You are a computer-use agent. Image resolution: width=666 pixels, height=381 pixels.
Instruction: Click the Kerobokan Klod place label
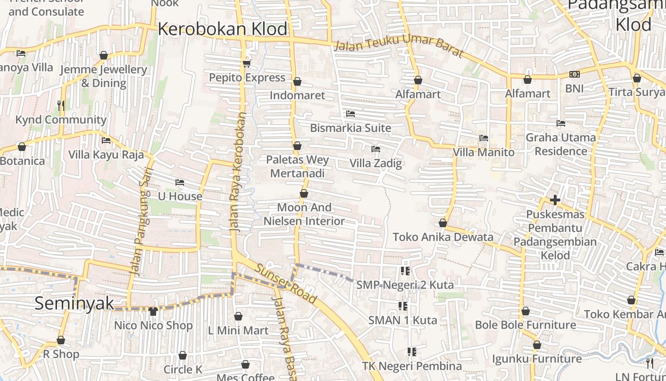[x=222, y=29]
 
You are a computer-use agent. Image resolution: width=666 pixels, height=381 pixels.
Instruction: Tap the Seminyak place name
[x=74, y=303]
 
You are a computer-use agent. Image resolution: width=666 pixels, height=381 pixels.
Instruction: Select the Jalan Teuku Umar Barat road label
[x=398, y=46]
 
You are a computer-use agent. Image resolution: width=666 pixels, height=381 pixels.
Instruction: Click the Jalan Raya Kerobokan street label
[x=238, y=172]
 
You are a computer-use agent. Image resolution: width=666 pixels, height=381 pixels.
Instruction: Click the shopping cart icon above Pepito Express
[x=246, y=63]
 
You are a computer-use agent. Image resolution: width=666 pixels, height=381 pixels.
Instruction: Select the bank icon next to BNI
[x=574, y=74]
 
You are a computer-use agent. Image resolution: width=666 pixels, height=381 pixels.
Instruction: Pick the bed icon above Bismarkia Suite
[x=351, y=114]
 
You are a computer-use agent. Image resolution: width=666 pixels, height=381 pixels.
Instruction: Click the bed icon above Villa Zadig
[x=376, y=149]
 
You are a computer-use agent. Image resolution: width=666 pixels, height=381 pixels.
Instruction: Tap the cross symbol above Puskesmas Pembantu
[x=555, y=200]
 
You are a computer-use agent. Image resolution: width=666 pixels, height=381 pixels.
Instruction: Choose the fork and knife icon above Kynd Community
[x=61, y=105]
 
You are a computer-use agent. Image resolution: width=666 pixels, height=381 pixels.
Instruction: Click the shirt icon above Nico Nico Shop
[x=153, y=311]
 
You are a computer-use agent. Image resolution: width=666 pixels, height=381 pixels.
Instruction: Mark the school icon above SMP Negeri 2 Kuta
[x=405, y=271]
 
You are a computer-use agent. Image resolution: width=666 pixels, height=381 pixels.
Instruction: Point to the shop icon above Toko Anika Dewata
[x=443, y=223]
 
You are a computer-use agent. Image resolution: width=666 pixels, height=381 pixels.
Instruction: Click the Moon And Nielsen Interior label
[x=304, y=214]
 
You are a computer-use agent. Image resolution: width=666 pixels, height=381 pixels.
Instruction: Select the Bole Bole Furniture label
[x=525, y=325]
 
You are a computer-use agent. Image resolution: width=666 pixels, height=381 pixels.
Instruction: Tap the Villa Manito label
[x=483, y=152]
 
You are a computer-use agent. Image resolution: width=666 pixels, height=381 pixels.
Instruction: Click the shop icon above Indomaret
[x=297, y=82]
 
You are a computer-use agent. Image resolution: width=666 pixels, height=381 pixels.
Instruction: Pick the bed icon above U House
[x=180, y=182]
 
